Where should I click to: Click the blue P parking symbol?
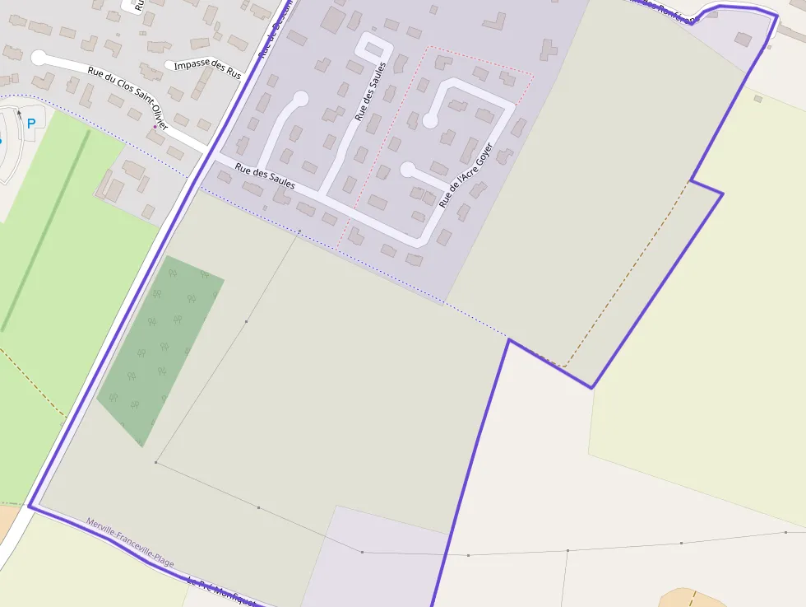(x=31, y=124)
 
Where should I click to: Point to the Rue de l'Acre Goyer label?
(x=466, y=175)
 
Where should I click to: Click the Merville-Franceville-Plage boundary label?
(x=130, y=543)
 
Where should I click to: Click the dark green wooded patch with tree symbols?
(x=161, y=350)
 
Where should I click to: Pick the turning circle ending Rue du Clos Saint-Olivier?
(x=39, y=58)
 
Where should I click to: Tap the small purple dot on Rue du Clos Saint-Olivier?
(x=155, y=127)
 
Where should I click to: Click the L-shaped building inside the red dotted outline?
(x=443, y=62)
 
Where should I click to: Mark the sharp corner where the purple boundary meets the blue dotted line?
(x=509, y=339)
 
